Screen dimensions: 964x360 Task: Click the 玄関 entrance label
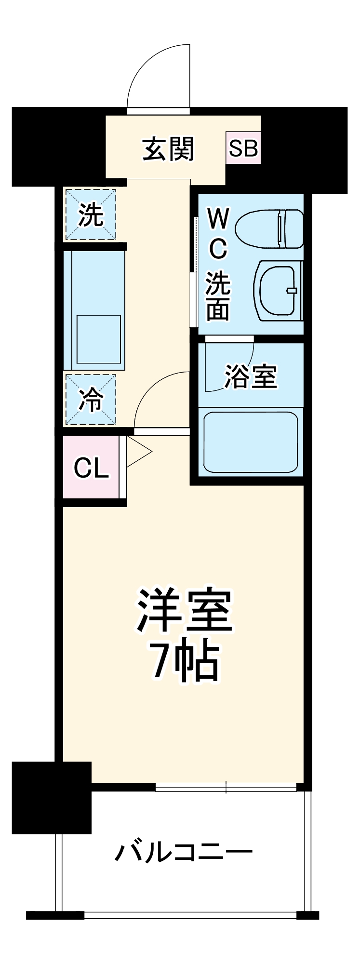[x=168, y=149]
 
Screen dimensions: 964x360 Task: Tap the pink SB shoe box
[x=243, y=148]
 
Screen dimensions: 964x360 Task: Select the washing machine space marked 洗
[x=91, y=214]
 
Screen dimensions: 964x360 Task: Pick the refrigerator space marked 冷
[x=91, y=400]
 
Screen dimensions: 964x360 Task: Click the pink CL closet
[x=91, y=467]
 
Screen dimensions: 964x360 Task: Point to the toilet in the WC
[x=270, y=228]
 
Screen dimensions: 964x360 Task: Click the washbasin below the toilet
[x=279, y=291]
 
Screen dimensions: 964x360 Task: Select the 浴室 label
[x=251, y=377]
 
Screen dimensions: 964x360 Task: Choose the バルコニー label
[x=183, y=853]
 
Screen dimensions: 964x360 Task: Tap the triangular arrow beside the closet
[x=139, y=452]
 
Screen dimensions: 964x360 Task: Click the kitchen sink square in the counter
[x=99, y=339]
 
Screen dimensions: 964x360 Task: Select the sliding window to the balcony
[x=226, y=787]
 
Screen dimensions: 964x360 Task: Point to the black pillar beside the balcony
[x=52, y=797]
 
